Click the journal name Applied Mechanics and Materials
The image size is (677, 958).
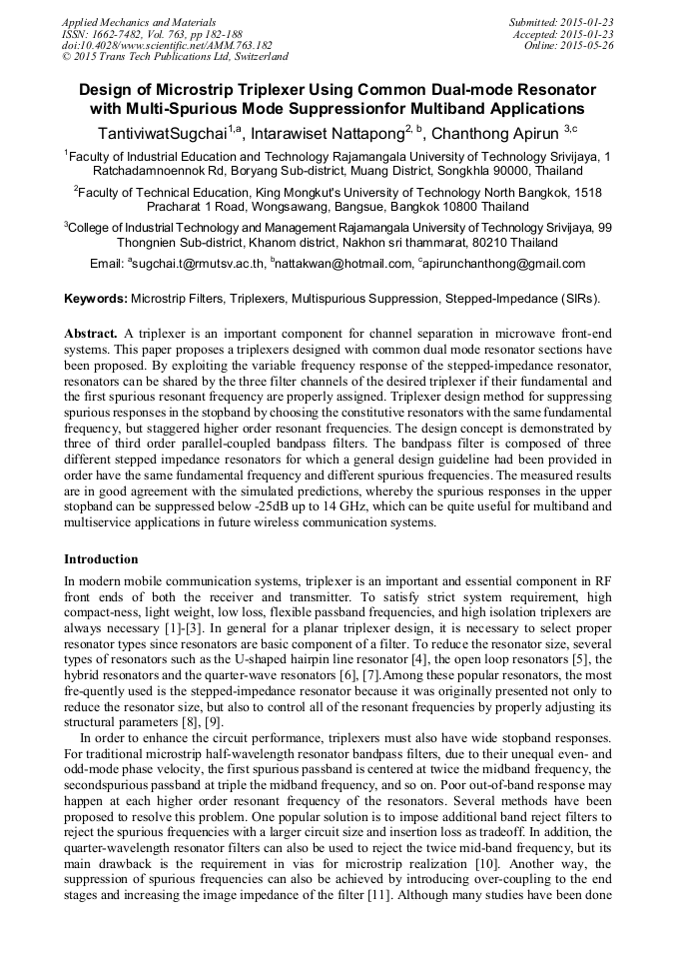[x=139, y=22]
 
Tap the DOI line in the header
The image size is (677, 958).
[x=167, y=46]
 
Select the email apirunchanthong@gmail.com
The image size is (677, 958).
[x=505, y=264]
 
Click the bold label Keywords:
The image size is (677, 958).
[x=96, y=299]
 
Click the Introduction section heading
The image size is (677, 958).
[x=101, y=558]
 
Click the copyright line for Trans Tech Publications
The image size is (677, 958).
[x=175, y=58]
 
